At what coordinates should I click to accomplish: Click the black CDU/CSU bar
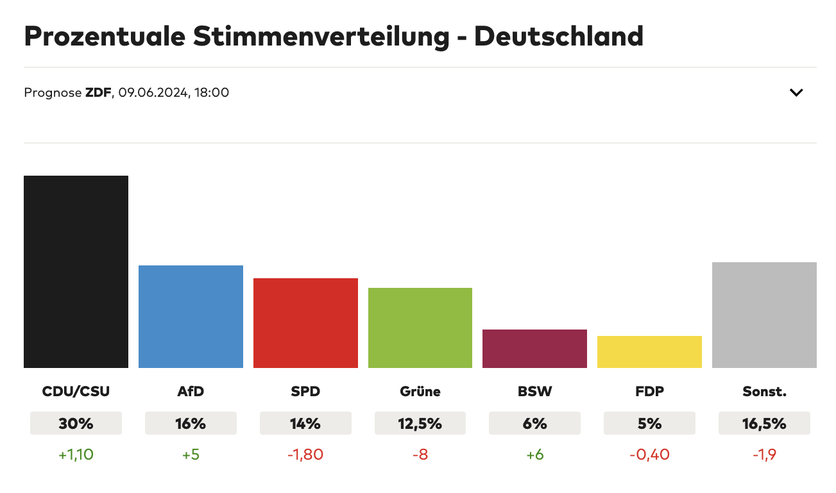(76, 272)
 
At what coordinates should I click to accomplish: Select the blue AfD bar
(191, 317)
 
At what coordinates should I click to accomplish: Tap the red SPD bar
(305, 323)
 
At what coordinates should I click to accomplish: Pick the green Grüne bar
(420, 328)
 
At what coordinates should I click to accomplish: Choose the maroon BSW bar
(534, 349)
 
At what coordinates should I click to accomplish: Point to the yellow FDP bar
(649, 352)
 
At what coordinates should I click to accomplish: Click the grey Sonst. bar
(764, 315)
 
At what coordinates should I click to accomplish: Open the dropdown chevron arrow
(796, 92)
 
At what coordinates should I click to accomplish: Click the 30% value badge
(76, 424)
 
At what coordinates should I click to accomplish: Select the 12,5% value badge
(420, 424)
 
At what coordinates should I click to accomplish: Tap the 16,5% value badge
(764, 424)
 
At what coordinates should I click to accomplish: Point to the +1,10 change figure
(76, 455)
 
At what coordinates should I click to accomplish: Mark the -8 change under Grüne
(420, 455)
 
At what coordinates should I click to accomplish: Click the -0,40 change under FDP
(649, 455)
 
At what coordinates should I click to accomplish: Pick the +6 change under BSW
(534, 455)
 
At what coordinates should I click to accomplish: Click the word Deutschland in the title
(559, 37)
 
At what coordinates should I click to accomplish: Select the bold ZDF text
(98, 92)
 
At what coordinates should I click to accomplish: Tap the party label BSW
(534, 391)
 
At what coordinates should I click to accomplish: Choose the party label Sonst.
(764, 391)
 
